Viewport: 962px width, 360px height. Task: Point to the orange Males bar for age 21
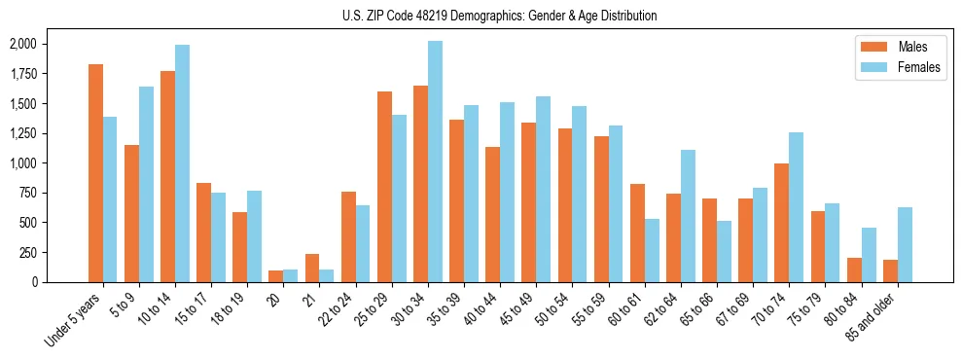click(x=312, y=269)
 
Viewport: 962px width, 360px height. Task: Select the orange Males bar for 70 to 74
click(x=781, y=223)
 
